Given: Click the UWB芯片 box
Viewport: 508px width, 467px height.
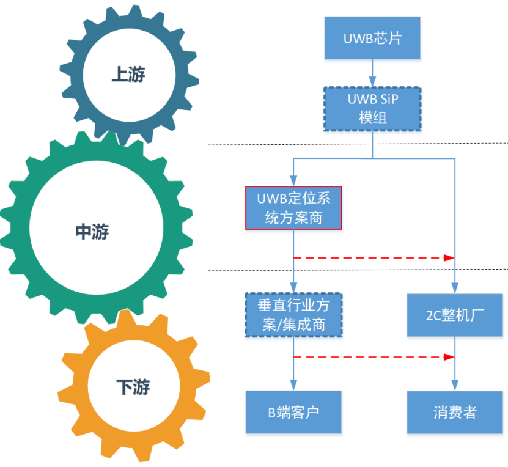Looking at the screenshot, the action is (372, 38).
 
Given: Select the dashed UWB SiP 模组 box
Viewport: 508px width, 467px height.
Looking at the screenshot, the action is (372, 109).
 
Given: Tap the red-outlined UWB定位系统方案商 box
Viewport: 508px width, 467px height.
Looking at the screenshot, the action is (293, 208).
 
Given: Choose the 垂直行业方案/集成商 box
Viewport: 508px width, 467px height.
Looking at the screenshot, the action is (293, 315).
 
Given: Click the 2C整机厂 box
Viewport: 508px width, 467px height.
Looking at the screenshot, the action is (455, 315).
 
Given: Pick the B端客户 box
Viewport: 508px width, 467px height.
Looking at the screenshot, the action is (293, 412).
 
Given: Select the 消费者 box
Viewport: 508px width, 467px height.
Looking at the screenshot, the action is (455, 412).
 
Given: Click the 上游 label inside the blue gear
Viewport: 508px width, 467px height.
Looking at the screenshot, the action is (128, 74).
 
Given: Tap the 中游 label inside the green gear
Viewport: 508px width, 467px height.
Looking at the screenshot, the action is (92, 232).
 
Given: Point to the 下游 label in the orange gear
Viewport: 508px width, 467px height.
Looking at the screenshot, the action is (133, 387).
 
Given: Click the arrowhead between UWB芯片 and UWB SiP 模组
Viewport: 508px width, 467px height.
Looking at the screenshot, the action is (372, 81).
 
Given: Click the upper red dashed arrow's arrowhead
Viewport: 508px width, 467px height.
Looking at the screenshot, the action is (449, 258).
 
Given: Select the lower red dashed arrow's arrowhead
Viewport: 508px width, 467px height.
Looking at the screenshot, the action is (449, 357).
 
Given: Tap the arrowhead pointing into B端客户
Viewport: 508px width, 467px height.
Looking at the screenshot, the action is (293, 385).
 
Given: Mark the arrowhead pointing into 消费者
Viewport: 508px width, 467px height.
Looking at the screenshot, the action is (455, 385).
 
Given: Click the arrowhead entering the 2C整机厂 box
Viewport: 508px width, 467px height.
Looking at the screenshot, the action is (455, 289).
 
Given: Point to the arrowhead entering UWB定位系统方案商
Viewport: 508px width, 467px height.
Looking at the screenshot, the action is (293, 181).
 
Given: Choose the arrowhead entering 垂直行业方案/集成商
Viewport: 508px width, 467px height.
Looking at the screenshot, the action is (293, 287).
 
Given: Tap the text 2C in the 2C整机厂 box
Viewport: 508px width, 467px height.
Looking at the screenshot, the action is (433, 315).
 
